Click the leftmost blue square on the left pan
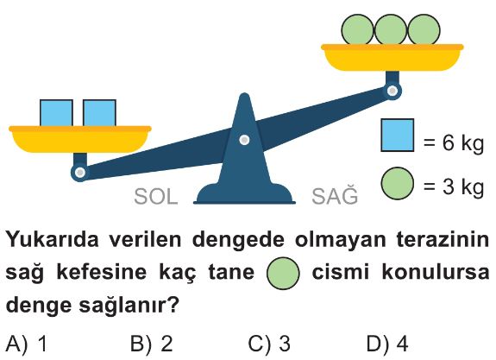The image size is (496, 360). point(56,113)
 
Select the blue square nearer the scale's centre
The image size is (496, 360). point(99,113)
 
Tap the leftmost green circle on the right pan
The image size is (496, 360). point(357,29)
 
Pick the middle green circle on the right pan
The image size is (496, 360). point(391,29)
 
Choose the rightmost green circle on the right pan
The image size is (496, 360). point(424,29)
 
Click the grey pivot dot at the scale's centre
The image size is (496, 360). point(244,140)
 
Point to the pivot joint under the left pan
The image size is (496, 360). point(80,173)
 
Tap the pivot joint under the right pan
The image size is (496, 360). point(392,91)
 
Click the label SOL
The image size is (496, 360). point(155,197)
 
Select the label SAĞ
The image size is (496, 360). point(335,195)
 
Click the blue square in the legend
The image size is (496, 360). point(398,136)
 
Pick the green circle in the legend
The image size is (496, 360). point(398,183)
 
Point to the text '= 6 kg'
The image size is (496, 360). point(454,142)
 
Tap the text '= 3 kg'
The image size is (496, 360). point(454,186)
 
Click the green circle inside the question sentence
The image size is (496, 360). point(283,273)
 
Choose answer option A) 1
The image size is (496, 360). point(27,344)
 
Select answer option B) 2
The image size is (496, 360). point(152,344)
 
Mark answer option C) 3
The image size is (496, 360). point(269,344)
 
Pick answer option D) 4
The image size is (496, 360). point(387,344)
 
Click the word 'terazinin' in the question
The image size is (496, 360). point(443,240)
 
